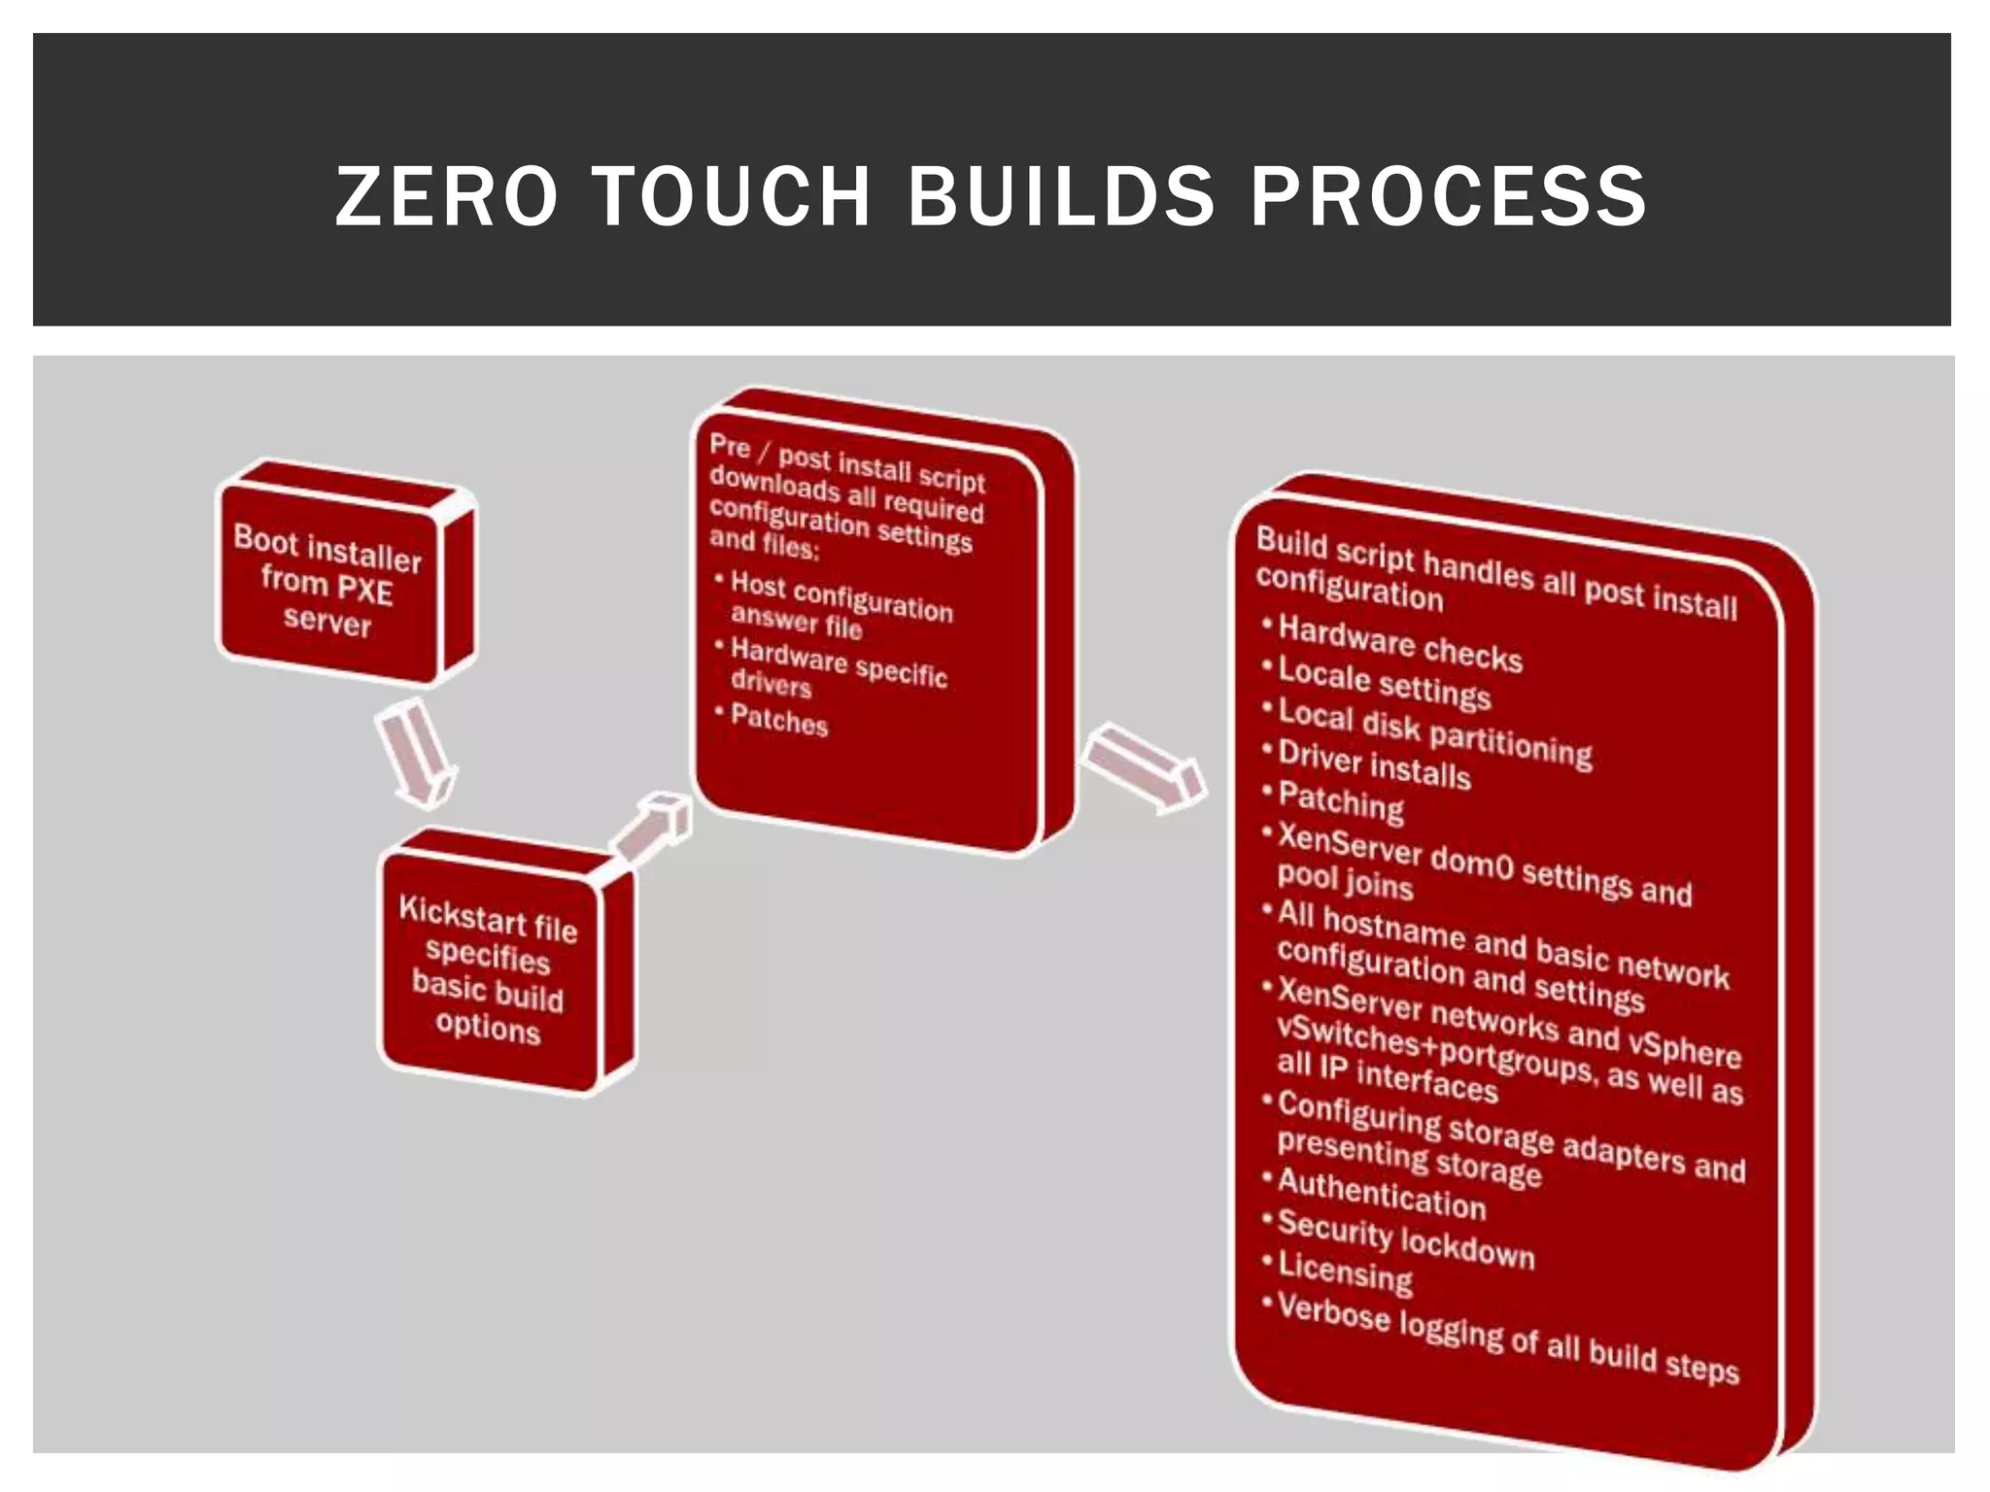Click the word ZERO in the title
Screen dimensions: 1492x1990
(x=446, y=196)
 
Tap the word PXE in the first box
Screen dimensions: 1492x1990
(x=364, y=591)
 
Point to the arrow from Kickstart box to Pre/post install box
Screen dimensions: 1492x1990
(x=652, y=829)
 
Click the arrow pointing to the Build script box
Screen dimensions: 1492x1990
(x=1145, y=767)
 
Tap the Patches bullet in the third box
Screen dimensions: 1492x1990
(x=778, y=721)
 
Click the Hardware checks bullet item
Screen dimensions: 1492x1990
(x=1399, y=644)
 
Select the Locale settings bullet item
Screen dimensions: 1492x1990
(x=1384, y=683)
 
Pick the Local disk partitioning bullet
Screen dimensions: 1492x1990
(x=1434, y=732)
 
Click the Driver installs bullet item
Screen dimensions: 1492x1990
(x=1374, y=765)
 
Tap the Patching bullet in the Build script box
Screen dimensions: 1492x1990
(x=1341, y=802)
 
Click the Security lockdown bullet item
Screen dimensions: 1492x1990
(x=1405, y=1240)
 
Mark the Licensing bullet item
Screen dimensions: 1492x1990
(x=1345, y=1272)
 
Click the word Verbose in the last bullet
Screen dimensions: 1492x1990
(x=1333, y=1313)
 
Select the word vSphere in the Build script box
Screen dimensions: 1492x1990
(x=1684, y=1050)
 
